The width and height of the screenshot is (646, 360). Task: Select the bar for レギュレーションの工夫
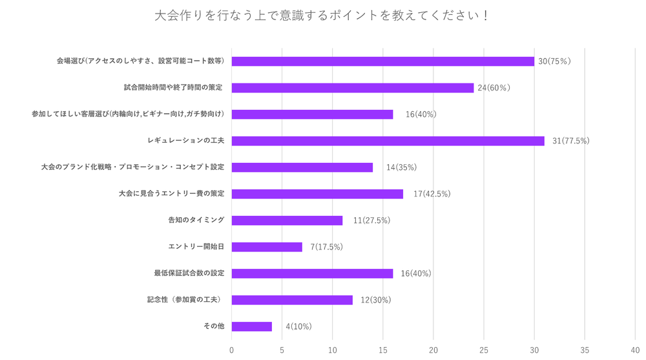(x=388, y=141)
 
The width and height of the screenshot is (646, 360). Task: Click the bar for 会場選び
(x=382, y=61)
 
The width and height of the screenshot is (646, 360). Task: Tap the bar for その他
(x=252, y=326)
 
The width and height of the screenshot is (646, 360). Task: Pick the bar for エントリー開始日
(x=267, y=247)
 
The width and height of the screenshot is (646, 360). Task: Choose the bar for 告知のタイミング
(x=287, y=220)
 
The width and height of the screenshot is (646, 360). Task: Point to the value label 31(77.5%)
(x=570, y=141)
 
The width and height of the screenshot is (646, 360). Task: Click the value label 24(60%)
(x=494, y=88)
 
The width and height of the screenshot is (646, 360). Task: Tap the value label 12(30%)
(x=375, y=300)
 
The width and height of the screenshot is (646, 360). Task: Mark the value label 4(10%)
(x=298, y=326)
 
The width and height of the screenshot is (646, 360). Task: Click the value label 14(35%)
(x=401, y=167)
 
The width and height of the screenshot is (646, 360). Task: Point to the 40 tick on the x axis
(x=635, y=350)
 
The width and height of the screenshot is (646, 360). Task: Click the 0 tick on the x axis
(x=232, y=350)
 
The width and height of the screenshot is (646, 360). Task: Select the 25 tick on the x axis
(x=484, y=350)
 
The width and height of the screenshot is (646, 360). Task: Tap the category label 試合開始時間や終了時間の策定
(x=174, y=88)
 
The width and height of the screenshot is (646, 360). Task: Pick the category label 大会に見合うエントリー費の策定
(x=172, y=194)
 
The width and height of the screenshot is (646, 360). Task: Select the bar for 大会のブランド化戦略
(x=302, y=167)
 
